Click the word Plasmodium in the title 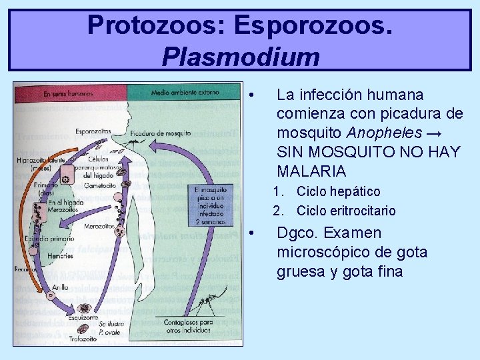coord(240,57)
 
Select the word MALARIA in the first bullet coord(311,171)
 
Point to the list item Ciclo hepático coord(338,192)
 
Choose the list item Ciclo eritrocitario coord(345,211)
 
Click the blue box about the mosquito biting coord(211,204)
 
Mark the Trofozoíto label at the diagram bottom coord(83,339)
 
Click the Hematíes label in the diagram coord(60,256)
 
